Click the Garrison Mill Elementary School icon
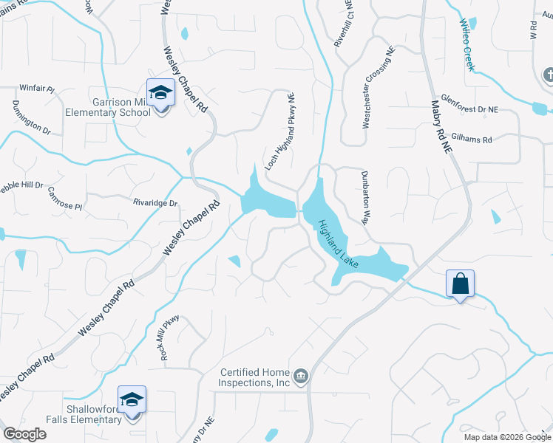pyautogui.click(x=160, y=93)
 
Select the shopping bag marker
pyautogui.click(x=460, y=284)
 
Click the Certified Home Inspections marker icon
pyautogui.click(x=301, y=377)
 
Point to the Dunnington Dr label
pyautogui.click(x=31, y=117)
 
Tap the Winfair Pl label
pyautogui.click(x=37, y=89)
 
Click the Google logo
pyautogui.click(x=25, y=434)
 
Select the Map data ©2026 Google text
pyautogui.click(x=506, y=437)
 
